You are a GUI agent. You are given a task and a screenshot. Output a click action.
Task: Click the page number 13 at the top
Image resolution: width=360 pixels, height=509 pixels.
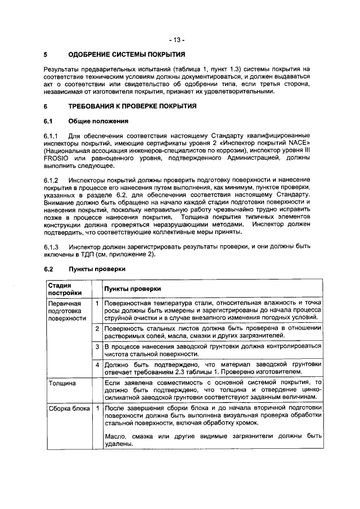tap(180, 40)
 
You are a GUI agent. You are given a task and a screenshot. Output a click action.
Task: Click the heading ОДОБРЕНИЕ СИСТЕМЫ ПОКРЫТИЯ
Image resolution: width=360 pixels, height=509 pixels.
tap(127, 55)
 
